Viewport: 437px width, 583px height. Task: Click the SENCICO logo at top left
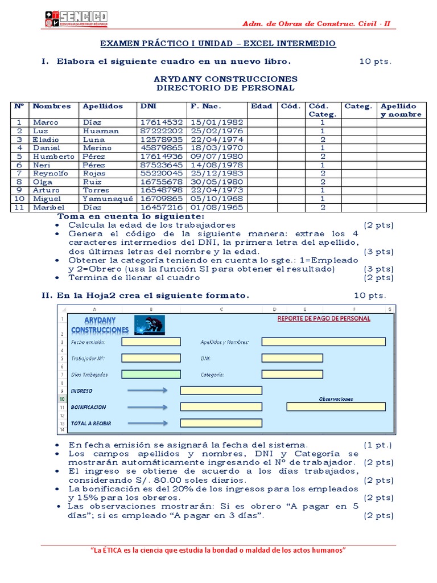click(x=76, y=19)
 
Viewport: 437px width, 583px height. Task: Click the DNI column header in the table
click(x=147, y=106)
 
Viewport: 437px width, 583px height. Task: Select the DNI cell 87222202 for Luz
click(x=162, y=131)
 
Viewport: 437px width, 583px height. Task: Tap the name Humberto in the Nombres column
click(x=53, y=157)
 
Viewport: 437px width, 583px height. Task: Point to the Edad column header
click(x=261, y=106)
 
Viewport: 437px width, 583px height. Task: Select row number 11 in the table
click(x=19, y=207)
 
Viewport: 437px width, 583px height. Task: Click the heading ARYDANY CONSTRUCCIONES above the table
click(x=225, y=79)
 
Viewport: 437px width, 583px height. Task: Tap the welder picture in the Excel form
click(x=150, y=325)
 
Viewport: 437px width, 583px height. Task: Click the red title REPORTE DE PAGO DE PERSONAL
click(x=324, y=319)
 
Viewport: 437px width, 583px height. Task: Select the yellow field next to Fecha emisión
click(x=151, y=342)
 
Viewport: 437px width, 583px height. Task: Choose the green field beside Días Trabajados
click(x=151, y=374)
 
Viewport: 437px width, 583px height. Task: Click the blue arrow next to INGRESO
click(x=147, y=390)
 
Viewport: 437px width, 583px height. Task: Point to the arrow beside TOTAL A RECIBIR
click(x=147, y=423)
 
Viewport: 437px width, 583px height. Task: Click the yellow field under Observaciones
click(x=336, y=407)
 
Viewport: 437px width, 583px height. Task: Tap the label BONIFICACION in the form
click(x=88, y=407)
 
